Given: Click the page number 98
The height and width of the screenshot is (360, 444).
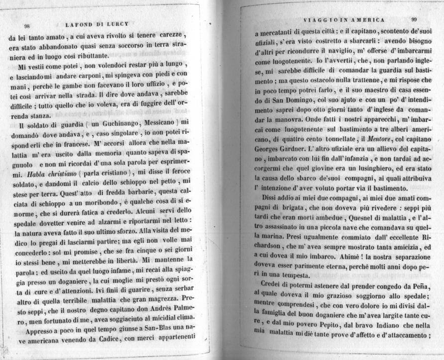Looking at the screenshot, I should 27,26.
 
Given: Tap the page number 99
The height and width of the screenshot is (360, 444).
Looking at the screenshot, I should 414,19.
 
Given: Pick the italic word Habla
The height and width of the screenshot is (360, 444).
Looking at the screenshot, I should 37,175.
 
